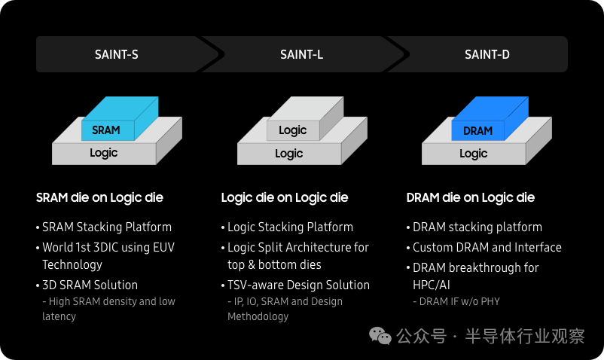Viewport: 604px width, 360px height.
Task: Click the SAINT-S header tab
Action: tap(117, 54)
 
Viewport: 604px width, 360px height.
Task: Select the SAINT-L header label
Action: tap(301, 55)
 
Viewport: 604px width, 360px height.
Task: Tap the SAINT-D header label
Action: tap(487, 55)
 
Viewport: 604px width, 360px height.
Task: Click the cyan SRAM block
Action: tap(120, 118)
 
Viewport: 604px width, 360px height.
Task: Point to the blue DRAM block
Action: tap(490, 118)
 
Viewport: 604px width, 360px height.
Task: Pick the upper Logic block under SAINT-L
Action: tap(305, 118)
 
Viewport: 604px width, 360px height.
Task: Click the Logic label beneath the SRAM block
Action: tap(104, 153)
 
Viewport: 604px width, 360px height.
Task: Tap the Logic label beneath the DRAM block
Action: tap(474, 154)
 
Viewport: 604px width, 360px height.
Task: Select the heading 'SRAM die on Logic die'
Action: tap(99, 198)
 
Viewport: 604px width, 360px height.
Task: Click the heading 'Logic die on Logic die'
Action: tap(285, 198)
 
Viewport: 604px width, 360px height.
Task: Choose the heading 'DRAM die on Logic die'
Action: tap(471, 198)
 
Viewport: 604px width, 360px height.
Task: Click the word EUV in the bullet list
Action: tap(163, 247)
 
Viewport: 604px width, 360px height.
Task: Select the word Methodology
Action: tap(258, 316)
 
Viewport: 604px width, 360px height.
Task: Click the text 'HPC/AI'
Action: tap(432, 285)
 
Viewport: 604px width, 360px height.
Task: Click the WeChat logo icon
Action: tap(380, 336)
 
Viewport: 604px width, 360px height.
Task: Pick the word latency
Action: tap(59, 316)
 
